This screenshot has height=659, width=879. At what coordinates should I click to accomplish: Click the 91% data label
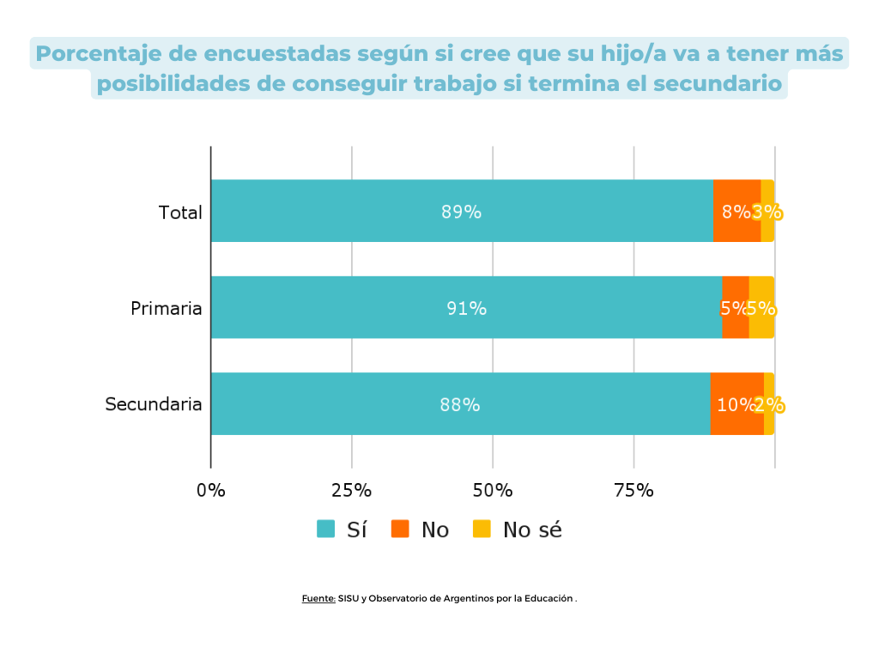tap(466, 308)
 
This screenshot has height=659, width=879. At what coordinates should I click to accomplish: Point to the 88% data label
tap(459, 405)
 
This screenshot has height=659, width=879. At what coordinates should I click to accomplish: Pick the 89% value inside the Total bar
tap(461, 212)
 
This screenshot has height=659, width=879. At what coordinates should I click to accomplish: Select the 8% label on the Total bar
tap(736, 212)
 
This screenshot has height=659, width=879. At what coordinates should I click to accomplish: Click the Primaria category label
tap(166, 308)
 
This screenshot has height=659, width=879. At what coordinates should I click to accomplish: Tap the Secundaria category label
tap(154, 404)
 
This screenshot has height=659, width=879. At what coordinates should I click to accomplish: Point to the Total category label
tap(180, 212)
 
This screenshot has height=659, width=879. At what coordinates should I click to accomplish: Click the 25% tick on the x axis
tap(352, 491)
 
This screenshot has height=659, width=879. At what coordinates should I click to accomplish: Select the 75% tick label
tap(634, 491)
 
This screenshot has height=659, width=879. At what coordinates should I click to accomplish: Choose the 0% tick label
tap(211, 491)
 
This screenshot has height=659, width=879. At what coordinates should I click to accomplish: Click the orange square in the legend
tap(400, 529)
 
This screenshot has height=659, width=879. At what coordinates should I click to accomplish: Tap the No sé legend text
tap(532, 529)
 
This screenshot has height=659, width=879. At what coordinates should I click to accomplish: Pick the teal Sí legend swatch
tap(326, 529)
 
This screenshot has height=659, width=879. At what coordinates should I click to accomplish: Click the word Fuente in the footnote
tap(318, 599)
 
